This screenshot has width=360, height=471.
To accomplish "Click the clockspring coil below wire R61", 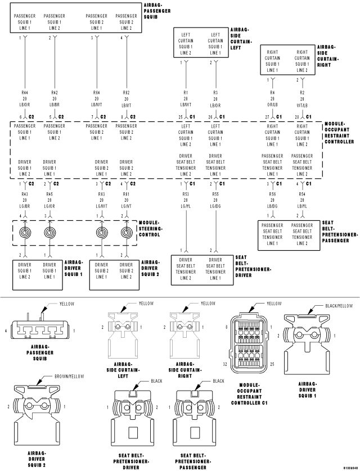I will point(126,232).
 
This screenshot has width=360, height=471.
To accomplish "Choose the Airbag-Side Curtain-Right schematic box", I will point(287,61).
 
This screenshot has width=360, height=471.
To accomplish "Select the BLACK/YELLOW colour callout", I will point(339,306).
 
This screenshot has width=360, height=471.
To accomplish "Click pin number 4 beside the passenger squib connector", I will point(6,332).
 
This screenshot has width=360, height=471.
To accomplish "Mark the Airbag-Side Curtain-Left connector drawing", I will point(123,334).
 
